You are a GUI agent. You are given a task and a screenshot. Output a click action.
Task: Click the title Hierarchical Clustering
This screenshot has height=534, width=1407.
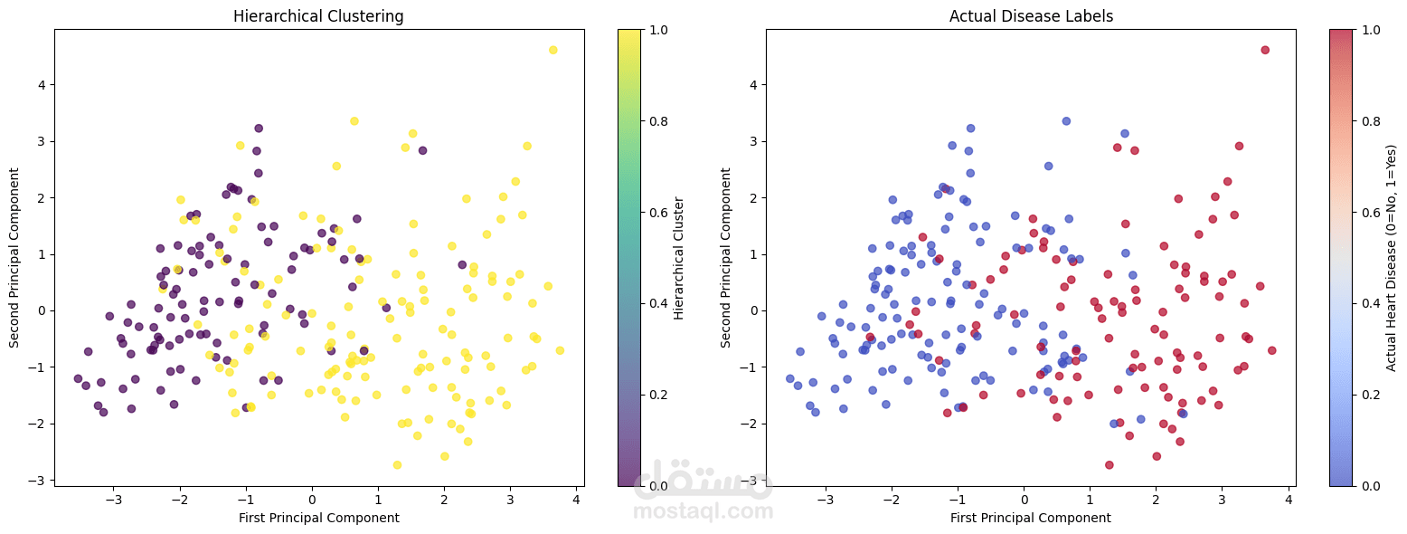pyautogui.click(x=318, y=16)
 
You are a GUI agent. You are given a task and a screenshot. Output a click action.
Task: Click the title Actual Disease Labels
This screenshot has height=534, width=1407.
pyautogui.click(x=1031, y=16)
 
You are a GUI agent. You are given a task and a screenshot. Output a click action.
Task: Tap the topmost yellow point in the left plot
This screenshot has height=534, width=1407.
pyautogui.click(x=553, y=50)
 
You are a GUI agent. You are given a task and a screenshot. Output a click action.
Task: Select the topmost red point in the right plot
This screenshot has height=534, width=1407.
pyautogui.click(x=1265, y=50)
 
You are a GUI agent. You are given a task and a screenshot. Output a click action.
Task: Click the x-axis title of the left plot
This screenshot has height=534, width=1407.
pyautogui.click(x=318, y=518)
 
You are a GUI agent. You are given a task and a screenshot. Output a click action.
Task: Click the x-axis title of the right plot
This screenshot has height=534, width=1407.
pyautogui.click(x=1031, y=518)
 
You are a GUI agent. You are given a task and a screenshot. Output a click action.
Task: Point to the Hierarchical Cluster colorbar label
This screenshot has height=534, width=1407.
pyautogui.click(x=679, y=258)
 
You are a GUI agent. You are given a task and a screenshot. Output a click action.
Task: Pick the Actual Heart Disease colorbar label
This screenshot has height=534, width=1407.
pyautogui.click(x=1391, y=258)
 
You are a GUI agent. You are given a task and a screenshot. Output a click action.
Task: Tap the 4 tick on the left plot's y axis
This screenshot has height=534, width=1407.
pyautogui.click(x=41, y=84)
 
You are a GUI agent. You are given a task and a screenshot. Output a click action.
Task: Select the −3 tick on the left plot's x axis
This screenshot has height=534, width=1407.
pyautogui.click(x=114, y=499)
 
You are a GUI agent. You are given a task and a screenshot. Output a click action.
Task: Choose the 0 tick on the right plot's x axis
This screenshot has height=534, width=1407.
pyautogui.click(x=1024, y=499)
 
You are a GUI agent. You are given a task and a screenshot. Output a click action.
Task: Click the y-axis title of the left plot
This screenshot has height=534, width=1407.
pyautogui.click(x=15, y=258)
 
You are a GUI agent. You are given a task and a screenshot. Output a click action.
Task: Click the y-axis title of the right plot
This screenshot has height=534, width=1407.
pyautogui.click(x=727, y=258)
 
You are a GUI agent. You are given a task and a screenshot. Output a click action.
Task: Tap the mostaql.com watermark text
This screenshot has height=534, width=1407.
pyautogui.click(x=703, y=511)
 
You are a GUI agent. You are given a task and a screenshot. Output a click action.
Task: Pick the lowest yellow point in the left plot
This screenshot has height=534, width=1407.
pyautogui.click(x=397, y=465)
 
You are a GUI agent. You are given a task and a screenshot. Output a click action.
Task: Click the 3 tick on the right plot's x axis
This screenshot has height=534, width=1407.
pyautogui.click(x=1222, y=499)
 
